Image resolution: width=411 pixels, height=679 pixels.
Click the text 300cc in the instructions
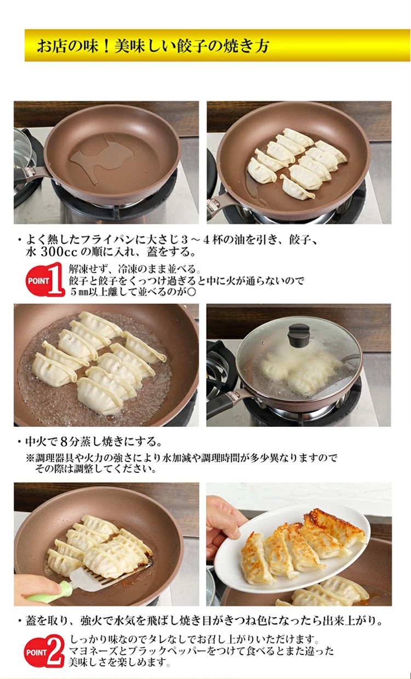pyautogui.click(x=59, y=252)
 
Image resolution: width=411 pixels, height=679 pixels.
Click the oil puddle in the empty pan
pyautogui.click(x=101, y=158)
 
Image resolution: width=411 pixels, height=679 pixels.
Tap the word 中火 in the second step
pyautogui.click(x=36, y=441)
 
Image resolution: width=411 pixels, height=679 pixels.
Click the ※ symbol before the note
pyautogui.click(x=30, y=458)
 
